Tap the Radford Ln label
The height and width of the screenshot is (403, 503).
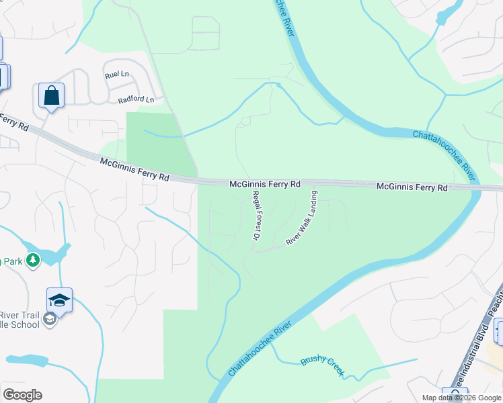pos(136,100)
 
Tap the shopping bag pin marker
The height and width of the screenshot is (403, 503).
pos(51,96)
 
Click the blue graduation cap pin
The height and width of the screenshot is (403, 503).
pos(59,301)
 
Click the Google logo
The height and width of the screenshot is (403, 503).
pos(22,395)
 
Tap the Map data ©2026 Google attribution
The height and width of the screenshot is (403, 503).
pos(461,398)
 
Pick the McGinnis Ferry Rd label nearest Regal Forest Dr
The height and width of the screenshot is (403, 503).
pos(264,183)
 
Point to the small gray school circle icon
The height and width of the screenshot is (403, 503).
pos(49,320)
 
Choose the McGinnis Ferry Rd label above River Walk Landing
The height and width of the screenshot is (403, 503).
pos(412,187)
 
